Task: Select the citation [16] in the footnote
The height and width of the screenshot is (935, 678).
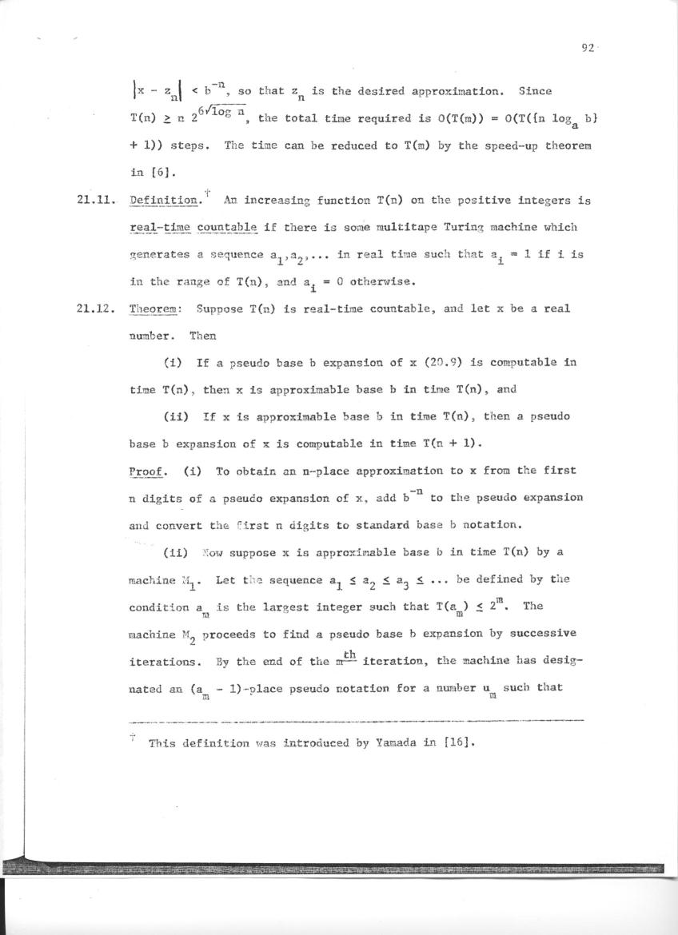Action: (459, 742)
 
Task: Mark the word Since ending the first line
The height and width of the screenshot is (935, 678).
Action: (535, 91)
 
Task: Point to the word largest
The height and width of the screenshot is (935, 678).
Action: (306, 606)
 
